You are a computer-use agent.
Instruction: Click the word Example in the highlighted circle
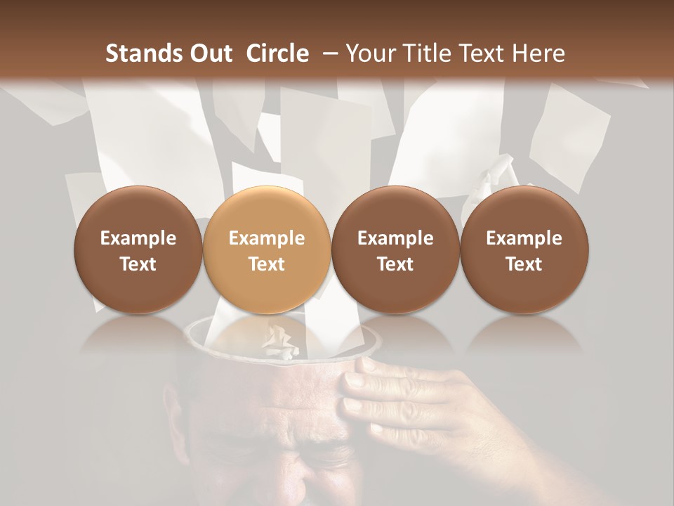click(267, 238)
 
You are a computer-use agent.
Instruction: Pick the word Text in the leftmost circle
click(138, 264)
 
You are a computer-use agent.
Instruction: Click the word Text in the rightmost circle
click(524, 264)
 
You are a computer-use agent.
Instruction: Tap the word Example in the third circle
click(395, 238)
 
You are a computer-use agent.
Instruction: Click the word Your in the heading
click(369, 53)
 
